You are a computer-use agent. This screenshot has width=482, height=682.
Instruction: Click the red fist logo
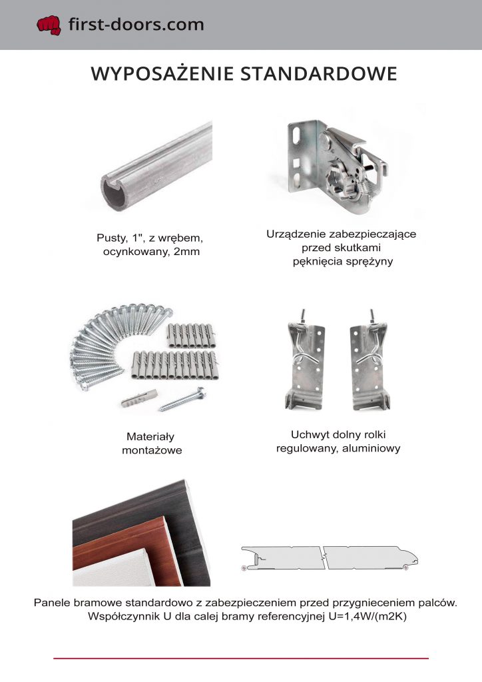coord(49,25)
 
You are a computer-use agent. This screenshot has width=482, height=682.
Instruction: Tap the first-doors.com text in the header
coord(136,25)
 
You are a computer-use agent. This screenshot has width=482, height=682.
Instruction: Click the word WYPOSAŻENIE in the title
coord(162,73)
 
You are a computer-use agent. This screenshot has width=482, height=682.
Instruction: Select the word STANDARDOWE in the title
coord(319,73)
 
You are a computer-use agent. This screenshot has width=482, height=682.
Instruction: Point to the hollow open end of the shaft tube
coord(114,194)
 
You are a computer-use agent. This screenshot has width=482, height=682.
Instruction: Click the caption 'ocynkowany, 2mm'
coord(151,252)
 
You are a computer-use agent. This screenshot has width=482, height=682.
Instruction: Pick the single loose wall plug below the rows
coord(139,398)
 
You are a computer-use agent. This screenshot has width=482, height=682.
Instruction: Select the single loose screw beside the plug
coord(182,400)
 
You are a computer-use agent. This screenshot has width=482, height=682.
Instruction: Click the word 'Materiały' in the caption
coord(150,436)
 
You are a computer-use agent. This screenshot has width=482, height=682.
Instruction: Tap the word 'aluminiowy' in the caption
coord(371,448)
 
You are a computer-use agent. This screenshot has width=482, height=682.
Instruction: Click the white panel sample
coord(114,571)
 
